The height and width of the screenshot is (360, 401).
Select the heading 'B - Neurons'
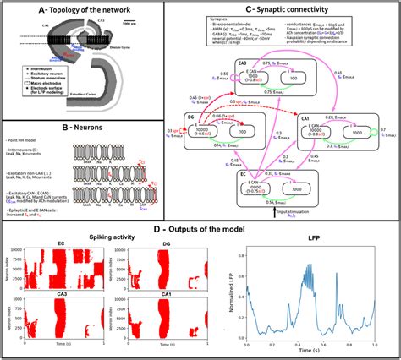(85, 128)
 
